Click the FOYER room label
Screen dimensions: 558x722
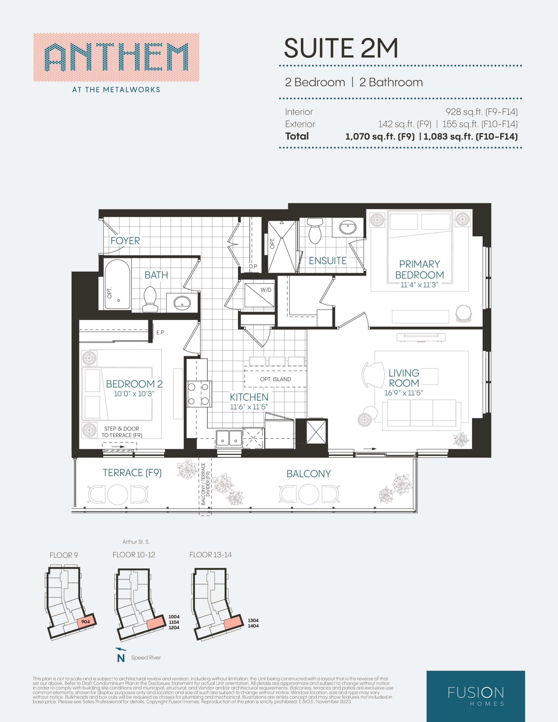[125, 241]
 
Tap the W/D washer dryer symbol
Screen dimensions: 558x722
[259, 296]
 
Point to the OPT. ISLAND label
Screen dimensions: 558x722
[276, 379]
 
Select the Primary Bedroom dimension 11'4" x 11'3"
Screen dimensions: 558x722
[419, 285]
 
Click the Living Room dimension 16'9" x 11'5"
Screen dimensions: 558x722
[404, 393]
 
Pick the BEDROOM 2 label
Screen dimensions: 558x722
[134, 384]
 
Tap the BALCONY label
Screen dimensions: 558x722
[309, 474]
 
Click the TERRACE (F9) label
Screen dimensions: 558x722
[132, 473]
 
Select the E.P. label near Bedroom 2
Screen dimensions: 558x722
[161, 333]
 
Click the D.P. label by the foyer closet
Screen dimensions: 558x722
[253, 267]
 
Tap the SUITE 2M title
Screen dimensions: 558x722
[341, 48]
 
